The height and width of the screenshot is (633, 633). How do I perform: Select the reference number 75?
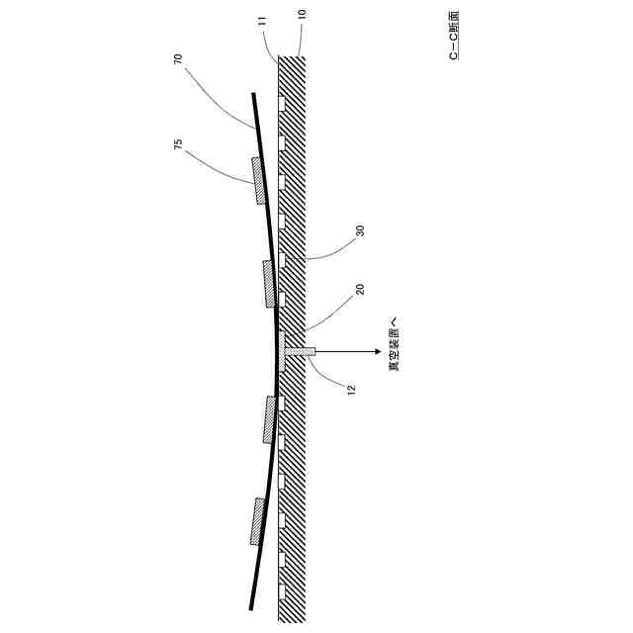pyautogui.click(x=178, y=144)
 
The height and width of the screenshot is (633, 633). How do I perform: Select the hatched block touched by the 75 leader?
pyautogui.click(x=260, y=181)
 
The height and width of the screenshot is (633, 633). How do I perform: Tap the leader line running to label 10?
pyautogui.click(x=300, y=38)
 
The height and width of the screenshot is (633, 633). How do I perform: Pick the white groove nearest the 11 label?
pyautogui.click(x=282, y=103)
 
